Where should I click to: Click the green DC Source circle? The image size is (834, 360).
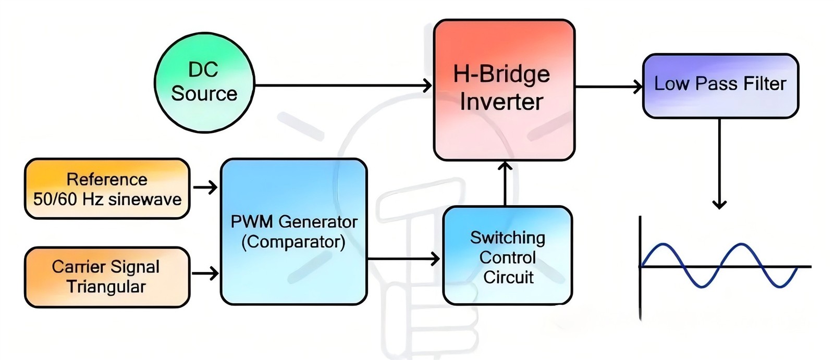pyautogui.click(x=204, y=83)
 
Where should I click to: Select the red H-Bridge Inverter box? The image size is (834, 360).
pyautogui.click(x=504, y=90)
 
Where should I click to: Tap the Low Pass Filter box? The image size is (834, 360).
pyautogui.click(x=720, y=85)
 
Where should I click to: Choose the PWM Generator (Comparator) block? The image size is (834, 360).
pyautogui.click(x=294, y=231)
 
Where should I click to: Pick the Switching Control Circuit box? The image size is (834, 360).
pyautogui.click(x=507, y=256)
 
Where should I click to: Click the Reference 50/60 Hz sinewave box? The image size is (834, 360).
pyautogui.click(x=107, y=189)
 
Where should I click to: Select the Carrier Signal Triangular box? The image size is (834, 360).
pyautogui.click(x=107, y=277)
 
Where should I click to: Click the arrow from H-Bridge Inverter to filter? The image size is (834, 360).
pyautogui.click(x=608, y=86)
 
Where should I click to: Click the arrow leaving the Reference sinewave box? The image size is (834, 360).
pyautogui.click(x=205, y=187)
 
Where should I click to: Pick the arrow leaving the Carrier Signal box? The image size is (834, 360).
pyautogui.click(x=205, y=273)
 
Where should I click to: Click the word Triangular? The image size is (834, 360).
pyautogui.click(x=106, y=287)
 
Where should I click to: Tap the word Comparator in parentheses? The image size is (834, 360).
pyautogui.click(x=293, y=242)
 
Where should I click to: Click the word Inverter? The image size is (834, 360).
pyautogui.click(x=501, y=102)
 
